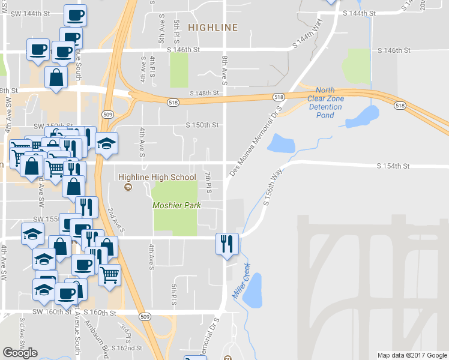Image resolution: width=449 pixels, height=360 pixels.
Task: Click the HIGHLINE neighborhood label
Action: (212, 28)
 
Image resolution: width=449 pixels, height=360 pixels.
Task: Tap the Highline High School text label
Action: (157, 177)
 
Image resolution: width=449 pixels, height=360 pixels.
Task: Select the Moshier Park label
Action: (176, 206)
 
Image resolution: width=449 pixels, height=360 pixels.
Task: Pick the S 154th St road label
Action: (393, 166)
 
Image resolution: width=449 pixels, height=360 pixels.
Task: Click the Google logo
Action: (20, 353)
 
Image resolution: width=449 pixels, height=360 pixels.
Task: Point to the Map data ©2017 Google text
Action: (412, 355)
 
